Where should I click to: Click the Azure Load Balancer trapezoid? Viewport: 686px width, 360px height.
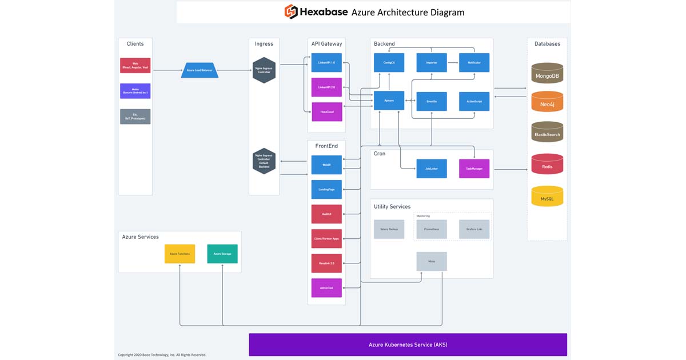tap(200, 70)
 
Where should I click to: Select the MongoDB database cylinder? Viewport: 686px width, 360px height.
tap(547, 74)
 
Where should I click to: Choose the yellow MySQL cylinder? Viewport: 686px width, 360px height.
tap(547, 197)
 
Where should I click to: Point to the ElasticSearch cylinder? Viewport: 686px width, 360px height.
tap(547, 133)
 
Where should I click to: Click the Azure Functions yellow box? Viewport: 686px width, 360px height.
tap(180, 254)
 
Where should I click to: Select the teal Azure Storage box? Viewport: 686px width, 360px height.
tap(222, 254)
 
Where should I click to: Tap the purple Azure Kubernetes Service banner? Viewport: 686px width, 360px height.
tap(408, 345)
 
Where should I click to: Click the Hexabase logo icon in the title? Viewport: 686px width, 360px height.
tap(292, 11)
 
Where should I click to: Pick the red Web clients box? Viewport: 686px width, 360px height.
tap(135, 65)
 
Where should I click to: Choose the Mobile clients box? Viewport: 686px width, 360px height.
tap(135, 91)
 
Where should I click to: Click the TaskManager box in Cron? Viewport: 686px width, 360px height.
tap(474, 169)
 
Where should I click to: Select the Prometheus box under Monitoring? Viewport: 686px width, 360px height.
tap(432, 229)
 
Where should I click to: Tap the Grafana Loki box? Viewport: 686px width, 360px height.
tap(474, 229)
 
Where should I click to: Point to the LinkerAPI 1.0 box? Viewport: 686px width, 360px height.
tap(326, 62)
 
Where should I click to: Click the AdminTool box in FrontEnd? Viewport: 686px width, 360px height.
tap(326, 287)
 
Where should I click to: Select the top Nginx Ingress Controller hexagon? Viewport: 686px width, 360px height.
tap(264, 70)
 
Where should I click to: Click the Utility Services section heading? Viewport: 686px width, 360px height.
tap(392, 206)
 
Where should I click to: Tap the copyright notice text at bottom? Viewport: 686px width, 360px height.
tap(162, 355)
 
